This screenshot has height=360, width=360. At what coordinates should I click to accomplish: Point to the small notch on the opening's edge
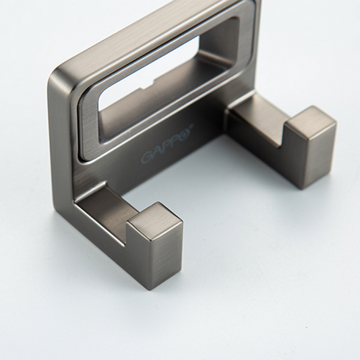(149, 84)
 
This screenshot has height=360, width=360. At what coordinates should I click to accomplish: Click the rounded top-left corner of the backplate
(56, 73)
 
